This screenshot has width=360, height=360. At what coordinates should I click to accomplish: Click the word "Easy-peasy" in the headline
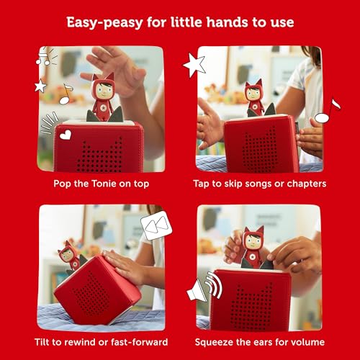click(104, 23)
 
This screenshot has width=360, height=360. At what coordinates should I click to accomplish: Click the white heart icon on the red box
click(66, 135)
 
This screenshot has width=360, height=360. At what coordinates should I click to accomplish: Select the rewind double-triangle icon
click(156, 225)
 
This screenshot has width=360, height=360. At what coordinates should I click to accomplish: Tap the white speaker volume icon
click(204, 287)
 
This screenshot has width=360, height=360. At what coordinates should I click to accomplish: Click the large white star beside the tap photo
click(195, 65)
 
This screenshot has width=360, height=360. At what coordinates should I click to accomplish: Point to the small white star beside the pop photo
click(40, 86)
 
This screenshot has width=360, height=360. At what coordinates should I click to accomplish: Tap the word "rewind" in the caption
click(84, 342)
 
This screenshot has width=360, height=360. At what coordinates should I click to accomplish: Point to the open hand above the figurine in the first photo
click(115, 70)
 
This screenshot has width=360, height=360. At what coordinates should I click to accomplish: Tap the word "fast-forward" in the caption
click(140, 342)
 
